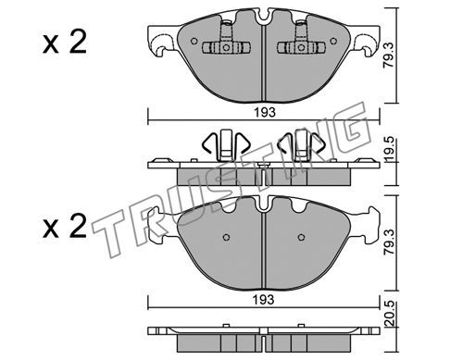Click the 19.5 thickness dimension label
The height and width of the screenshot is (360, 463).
point(390,149)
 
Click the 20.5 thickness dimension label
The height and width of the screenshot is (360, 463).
point(390,314)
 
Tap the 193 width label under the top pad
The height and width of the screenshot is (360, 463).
point(265,112)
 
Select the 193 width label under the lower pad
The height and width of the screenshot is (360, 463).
point(264,299)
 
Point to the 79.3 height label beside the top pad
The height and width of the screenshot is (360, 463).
point(390,56)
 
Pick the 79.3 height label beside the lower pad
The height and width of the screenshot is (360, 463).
point(390,242)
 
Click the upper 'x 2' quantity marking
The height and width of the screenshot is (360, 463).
point(65,43)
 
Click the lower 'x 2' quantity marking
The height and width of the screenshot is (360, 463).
point(65,227)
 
